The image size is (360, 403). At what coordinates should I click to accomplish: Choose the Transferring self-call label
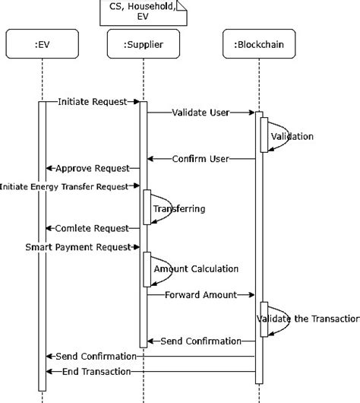pos(179,208)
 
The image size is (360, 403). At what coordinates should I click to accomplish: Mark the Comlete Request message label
pos(91,228)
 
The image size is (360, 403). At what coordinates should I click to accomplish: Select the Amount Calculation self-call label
pos(196,268)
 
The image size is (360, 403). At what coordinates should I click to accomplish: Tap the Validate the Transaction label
pos(308,319)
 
